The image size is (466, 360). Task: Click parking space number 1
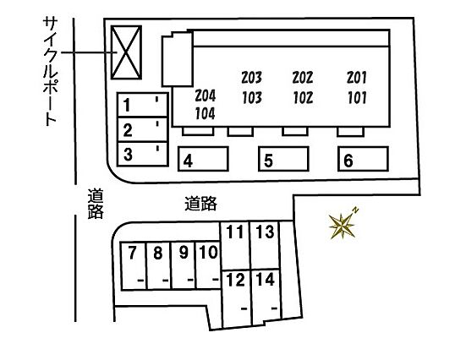point(143,105)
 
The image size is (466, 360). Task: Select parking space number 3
point(143,154)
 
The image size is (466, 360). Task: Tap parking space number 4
point(203,159)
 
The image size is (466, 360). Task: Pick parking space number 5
point(283,159)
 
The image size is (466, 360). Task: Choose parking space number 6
point(363,159)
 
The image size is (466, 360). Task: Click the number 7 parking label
point(132,253)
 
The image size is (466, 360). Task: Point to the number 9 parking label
point(184,253)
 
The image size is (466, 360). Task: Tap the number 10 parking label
point(209,252)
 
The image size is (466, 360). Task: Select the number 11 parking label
point(235,232)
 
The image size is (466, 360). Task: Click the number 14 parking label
point(266,280)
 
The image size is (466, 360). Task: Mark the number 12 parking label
point(236,280)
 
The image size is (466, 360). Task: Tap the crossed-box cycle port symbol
point(126,52)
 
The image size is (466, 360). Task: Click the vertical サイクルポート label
point(50,71)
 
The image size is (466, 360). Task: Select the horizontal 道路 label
point(200,204)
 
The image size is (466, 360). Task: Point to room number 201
point(357,78)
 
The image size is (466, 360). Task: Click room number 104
point(205,113)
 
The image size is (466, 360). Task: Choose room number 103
point(252,98)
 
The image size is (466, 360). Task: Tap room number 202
point(303,78)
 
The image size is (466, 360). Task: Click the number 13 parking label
point(265,232)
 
